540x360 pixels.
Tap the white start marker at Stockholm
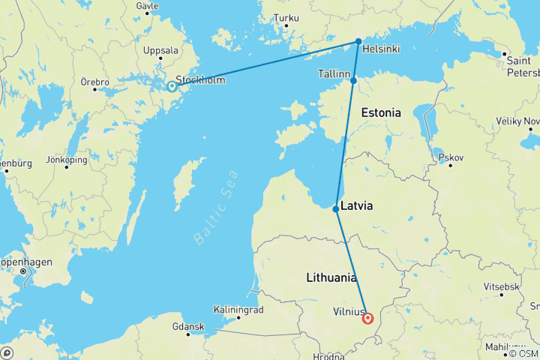172,86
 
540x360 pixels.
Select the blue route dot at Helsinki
358,41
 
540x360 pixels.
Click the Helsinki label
380,49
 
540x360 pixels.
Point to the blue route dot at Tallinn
353,79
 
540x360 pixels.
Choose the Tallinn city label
334,74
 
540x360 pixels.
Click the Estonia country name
381,112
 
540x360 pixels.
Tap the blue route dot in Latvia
336,208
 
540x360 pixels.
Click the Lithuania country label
331,277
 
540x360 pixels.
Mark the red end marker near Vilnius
368,318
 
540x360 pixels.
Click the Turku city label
286,17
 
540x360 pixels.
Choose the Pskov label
453,158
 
